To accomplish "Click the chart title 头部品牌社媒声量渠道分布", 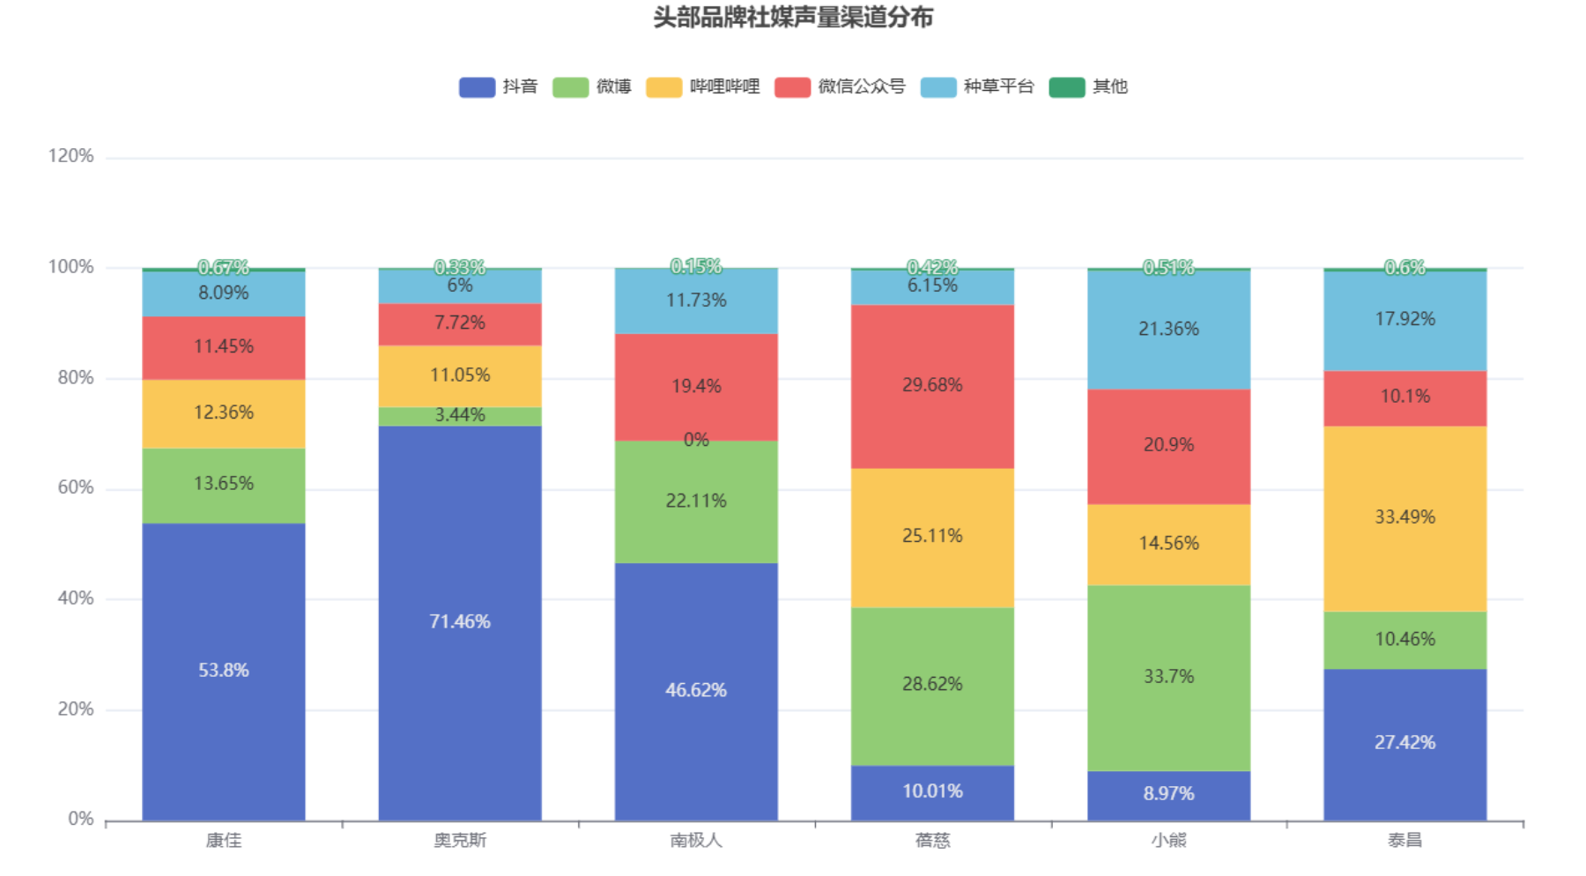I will [792, 18].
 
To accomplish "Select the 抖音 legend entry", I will [499, 86].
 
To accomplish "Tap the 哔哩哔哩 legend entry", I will [703, 86].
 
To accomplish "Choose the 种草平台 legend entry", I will [977, 86].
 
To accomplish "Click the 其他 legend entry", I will [1089, 86].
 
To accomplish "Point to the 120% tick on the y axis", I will [70, 156].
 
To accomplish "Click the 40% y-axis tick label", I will [75, 598].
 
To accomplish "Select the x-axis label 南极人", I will [696, 840].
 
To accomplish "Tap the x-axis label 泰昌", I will [1404, 840].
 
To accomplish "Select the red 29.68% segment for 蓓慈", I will [932, 386].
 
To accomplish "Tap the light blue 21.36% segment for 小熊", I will [1168, 330].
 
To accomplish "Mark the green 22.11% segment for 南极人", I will [696, 501].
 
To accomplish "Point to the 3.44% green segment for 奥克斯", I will [460, 416].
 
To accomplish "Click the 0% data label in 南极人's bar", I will [696, 439].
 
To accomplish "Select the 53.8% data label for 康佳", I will [224, 671].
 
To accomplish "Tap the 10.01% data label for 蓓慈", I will [932, 791].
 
